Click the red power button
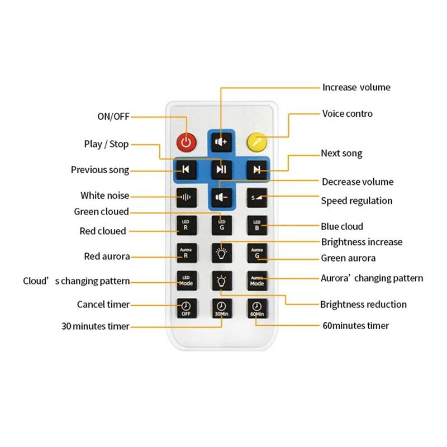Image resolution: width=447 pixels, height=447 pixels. [186, 142]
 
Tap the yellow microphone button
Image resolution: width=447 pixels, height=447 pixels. [256, 142]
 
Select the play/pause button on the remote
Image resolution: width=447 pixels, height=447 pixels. [221, 169]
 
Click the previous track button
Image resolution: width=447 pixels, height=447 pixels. [186, 169]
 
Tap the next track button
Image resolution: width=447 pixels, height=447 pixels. [256, 169]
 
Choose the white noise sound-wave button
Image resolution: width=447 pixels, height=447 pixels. [186, 197]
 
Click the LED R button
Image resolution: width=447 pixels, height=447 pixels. [186, 225]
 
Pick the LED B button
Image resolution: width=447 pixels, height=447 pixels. [256, 225]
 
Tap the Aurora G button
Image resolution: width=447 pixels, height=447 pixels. [256, 253]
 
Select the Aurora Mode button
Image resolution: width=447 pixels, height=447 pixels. [256, 280]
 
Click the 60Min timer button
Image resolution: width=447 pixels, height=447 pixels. [256, 308]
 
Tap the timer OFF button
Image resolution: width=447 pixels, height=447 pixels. [186, 308]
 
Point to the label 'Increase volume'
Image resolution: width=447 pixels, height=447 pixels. [356, 87]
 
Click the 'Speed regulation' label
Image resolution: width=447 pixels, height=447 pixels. [356, 201]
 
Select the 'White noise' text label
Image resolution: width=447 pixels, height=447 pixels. [104, 196]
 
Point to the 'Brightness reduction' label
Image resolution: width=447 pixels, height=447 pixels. [363, 305]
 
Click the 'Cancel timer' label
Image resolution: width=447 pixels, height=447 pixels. [103, 305]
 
